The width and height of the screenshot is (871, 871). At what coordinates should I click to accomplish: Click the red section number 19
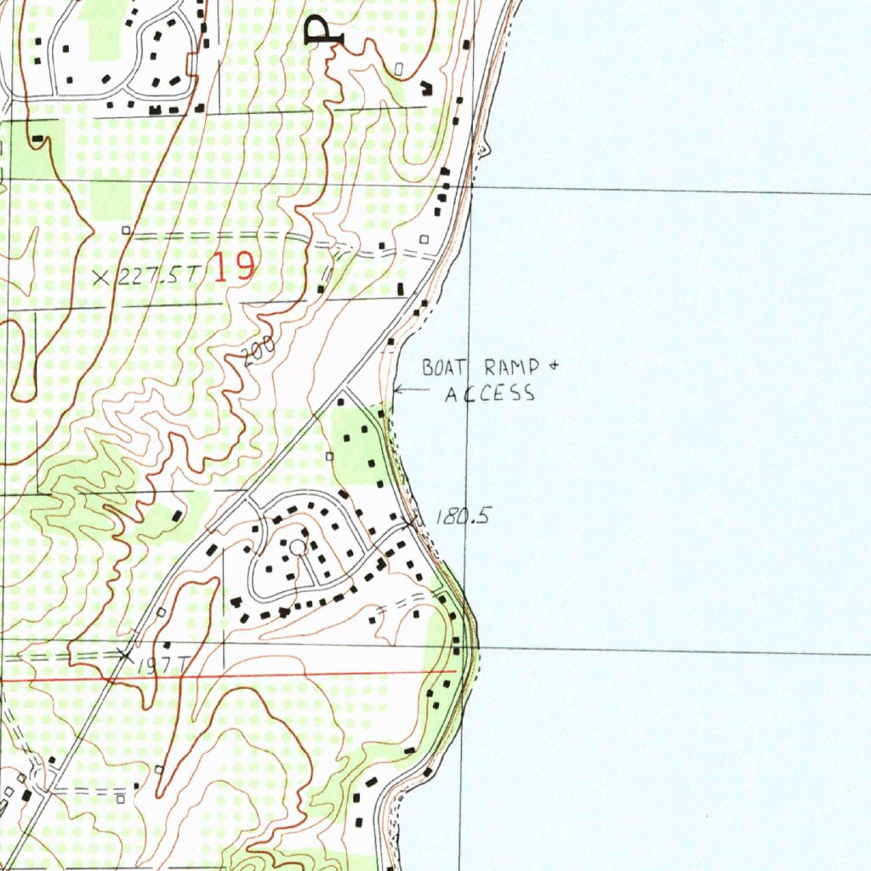click(233, 268)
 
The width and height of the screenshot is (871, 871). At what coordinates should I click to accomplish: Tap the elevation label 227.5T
click(159, 276)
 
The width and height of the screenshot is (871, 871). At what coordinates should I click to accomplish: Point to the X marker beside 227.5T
click(102, 276)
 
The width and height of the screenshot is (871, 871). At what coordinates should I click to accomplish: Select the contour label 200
click(253, 351)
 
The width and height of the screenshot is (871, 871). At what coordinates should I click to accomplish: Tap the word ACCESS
click(491, 393)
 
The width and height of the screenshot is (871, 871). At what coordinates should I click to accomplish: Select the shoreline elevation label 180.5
click(462, 515)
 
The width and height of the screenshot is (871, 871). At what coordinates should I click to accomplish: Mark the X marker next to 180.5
click(413, 522)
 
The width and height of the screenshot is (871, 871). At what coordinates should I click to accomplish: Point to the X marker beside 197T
click(125, 655)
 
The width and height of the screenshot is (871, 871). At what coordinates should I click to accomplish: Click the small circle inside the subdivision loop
click(297, 548)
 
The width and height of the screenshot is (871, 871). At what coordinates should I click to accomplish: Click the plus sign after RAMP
click(553, 367)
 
